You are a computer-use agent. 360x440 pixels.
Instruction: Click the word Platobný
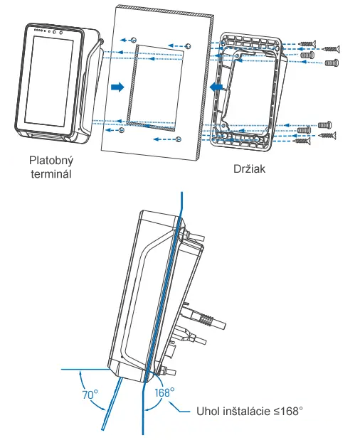(x=51, y=161)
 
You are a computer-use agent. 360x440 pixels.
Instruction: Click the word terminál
(x=51, y=174)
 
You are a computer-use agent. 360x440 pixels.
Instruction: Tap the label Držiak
(x=249, y=168)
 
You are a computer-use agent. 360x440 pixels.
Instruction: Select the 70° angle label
(x=90, y=395)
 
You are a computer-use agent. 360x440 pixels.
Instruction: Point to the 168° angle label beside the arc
(x=164, y=392)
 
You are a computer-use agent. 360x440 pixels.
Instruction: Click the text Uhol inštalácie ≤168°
(x=250, y=412)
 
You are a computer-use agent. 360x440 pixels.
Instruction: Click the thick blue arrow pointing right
(x=117, y=87)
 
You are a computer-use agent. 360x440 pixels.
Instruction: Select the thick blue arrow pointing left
(x=216, y=87)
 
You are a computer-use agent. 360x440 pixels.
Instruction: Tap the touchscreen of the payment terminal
(x=49, y=81)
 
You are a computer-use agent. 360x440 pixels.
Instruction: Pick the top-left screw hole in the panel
(x=134, y=40)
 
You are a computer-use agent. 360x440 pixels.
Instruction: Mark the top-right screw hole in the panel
(x=189, y=46)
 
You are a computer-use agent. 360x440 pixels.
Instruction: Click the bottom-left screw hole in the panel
(x=122, y=130)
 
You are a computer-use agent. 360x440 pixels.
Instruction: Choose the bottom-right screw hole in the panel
(x=178, y=139)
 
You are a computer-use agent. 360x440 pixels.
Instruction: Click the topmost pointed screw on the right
(x=307, y=44)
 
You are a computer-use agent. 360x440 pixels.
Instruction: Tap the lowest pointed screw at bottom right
(x=302, y=141)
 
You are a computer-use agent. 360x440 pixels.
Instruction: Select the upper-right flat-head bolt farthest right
(x=332, y=63)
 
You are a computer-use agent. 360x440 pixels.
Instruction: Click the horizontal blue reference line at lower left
(x=85, y=369)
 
